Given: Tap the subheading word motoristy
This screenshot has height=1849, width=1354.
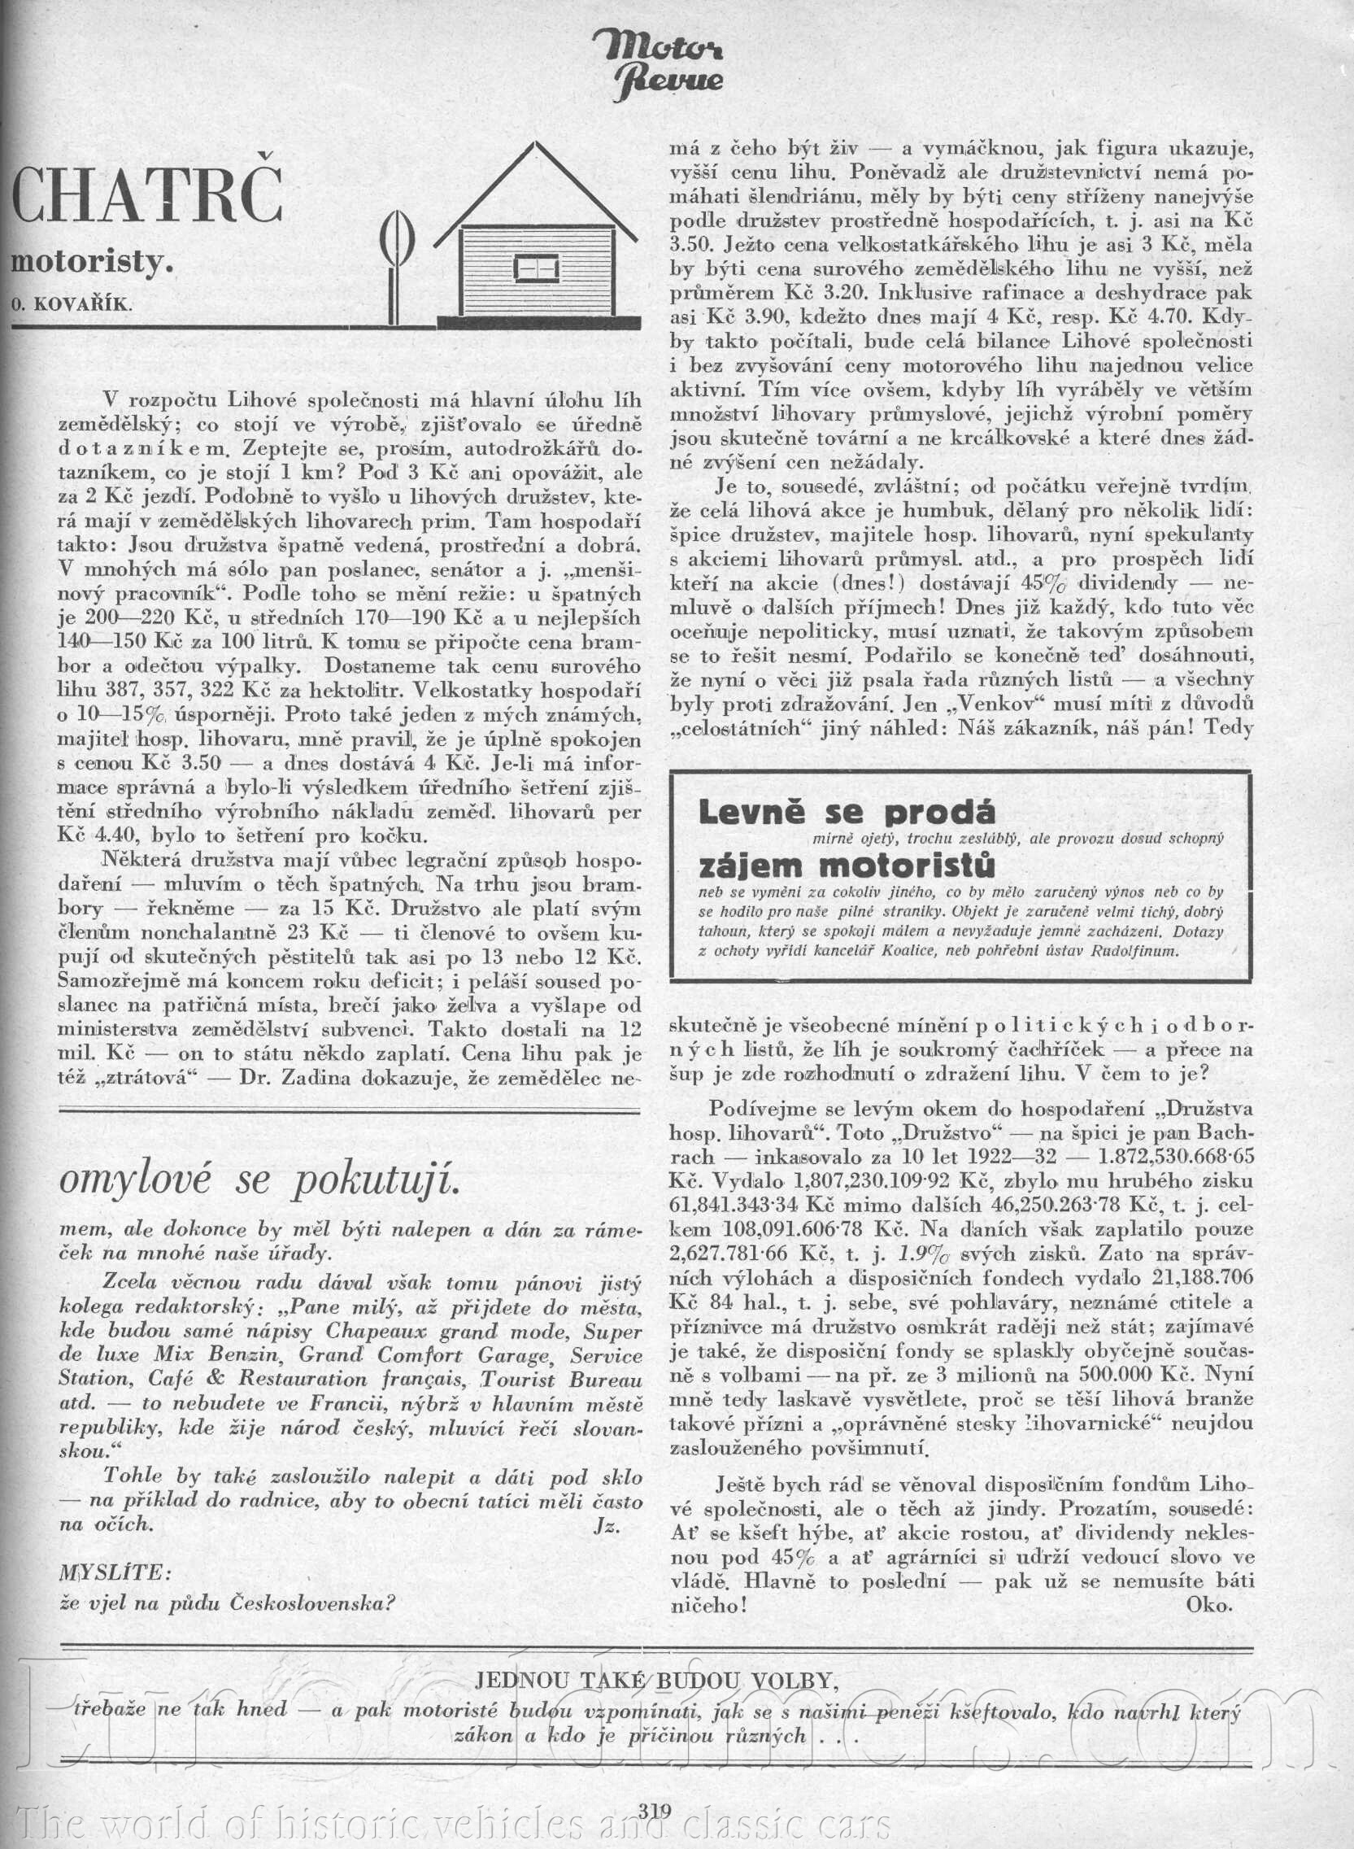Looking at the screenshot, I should point(92,265).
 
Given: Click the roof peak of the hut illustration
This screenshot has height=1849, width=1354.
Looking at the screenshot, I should point(536,147).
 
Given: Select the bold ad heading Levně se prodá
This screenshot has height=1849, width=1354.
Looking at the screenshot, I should point(847,813).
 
